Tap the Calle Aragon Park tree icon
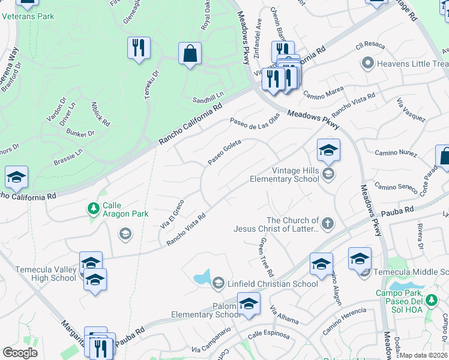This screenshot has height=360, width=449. tap(93, 209)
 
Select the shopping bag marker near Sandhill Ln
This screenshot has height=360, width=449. tap(190, 53)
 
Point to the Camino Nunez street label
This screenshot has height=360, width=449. tap(396, 154)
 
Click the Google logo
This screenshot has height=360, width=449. tap(20, 353)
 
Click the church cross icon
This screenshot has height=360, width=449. tap(327, 224)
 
